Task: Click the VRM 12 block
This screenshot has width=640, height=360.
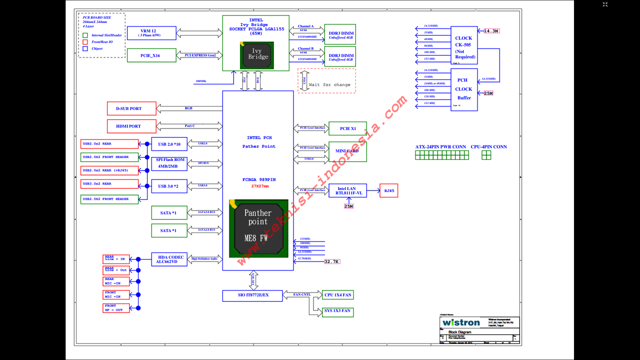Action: [151, 33]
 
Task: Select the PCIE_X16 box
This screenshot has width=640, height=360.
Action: [151, 55]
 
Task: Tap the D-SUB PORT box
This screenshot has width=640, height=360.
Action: [131, 108]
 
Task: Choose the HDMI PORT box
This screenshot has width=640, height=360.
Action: [131, 126]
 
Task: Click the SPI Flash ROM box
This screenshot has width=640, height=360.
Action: [169, 163]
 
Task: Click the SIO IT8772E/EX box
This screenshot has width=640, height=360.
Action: [252, 295]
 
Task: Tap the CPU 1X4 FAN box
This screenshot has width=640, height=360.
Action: [337, 295]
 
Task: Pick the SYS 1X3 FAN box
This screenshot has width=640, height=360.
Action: [337, 311]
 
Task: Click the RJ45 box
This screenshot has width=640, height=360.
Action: [388, 190]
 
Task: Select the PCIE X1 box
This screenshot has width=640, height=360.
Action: [347, 128]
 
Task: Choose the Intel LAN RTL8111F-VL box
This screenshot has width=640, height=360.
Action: [347, 190]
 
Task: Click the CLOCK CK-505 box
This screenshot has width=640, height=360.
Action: [463, 45]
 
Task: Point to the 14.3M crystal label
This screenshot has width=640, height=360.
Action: [491, 31]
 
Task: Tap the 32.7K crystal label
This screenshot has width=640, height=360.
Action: [331, 261]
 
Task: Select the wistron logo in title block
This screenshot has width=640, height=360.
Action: [461, 322]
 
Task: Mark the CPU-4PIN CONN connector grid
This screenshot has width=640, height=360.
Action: [486, 155]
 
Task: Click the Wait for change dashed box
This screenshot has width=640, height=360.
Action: [326, 80]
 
